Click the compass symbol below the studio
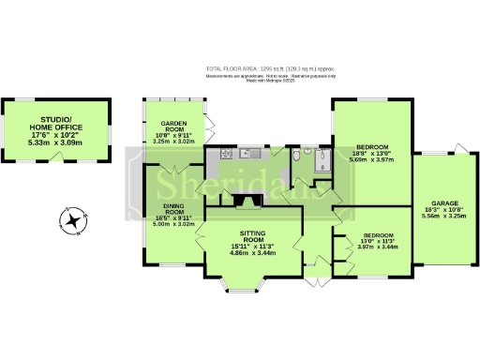point(71,222)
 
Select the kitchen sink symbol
point(249,154)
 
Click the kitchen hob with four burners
point(225,154)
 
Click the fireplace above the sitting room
point(248,200)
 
